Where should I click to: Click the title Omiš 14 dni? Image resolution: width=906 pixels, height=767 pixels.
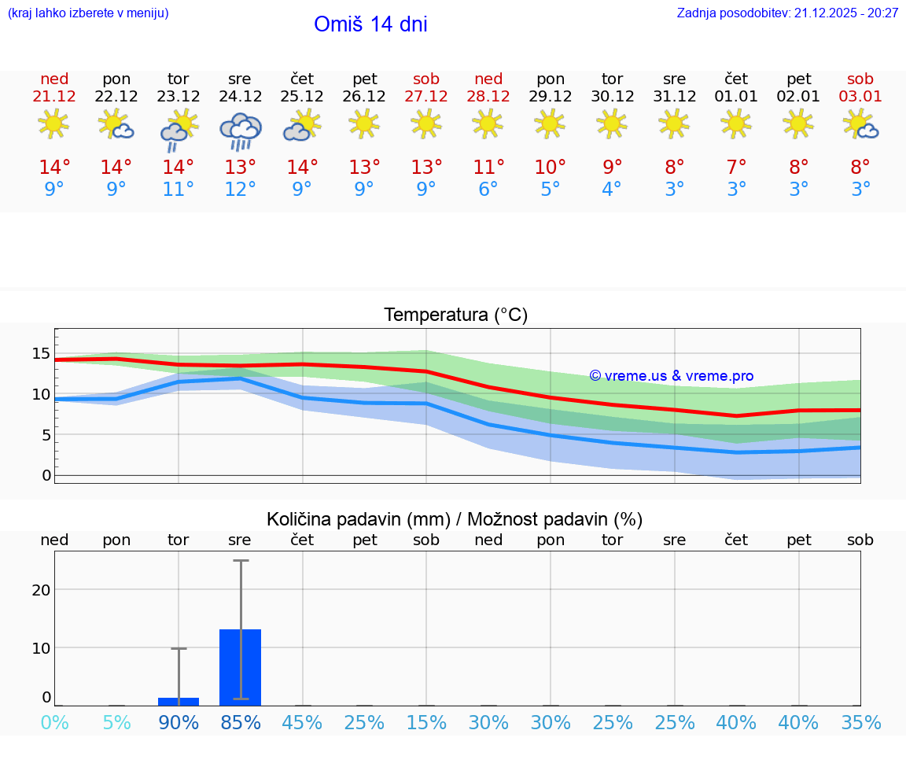[370, 24]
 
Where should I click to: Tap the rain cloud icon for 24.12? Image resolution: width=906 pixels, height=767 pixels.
[240, 131]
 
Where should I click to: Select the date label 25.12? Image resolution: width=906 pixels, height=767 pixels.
[302, 97]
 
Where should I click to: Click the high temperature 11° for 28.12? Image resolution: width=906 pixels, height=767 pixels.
[488, 167]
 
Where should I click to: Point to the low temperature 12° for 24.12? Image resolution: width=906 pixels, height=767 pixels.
[240, 190]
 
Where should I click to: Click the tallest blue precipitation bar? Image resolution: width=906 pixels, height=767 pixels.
[240, 666]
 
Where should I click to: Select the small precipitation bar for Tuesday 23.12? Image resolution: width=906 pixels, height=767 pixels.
[179, 701]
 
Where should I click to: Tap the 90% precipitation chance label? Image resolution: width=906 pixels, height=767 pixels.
[179, 723]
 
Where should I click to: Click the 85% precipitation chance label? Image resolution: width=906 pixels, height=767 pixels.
[241, 723]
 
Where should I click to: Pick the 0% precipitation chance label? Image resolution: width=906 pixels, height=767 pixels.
[54, 723]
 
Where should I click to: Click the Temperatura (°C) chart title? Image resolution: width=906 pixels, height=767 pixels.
[455, 315]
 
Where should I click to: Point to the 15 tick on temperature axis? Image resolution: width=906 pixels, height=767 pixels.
[41, 353]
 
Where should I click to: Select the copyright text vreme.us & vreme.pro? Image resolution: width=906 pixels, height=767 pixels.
[672, 376]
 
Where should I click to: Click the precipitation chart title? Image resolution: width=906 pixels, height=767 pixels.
[455, 519]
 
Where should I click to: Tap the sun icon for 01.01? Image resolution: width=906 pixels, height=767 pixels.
[736, 124]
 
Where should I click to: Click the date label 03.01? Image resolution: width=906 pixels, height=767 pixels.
[860, 97]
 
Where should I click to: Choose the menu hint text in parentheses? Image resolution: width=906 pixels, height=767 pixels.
[88, 13]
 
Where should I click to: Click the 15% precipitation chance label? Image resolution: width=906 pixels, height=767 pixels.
[426, 723]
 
